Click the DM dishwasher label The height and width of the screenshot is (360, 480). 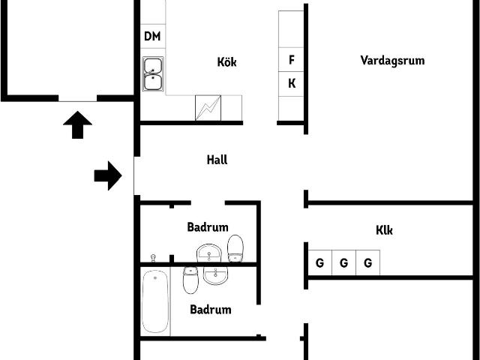click(x=152, y=36)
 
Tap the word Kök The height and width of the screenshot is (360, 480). click(x=226, y=61)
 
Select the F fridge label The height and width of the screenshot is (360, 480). click(x=292, y=60)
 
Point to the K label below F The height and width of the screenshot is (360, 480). click(x=292, y=83)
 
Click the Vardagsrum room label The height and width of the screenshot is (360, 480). click(x=392, y=60)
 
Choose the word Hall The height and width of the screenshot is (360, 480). click(x=217, y=160)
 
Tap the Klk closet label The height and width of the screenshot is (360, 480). click(x=384, y=230)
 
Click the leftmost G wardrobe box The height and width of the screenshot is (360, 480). click(x=320, y=262)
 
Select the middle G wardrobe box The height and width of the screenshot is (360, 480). click(x=344, y=262)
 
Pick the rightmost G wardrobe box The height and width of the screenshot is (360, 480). click(x=368, y=262)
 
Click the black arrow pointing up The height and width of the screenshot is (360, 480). click(x=78, y=125)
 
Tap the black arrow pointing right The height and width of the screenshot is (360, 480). click(x=108, y=175)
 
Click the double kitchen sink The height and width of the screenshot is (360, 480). click(x=153, y=73)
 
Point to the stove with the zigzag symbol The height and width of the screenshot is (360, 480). click(x=208, y=108)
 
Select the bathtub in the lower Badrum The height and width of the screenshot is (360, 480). click(x=155, y=301)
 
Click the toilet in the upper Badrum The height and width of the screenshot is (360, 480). click(x=235, y=248)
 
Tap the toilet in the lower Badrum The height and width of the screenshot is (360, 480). click(x=190, y=280)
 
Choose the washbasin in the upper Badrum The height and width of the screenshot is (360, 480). click(x=208, y=253)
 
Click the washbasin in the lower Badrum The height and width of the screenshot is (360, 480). click(x=215, y=275)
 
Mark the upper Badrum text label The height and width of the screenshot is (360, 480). click(x=208, y=227)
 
